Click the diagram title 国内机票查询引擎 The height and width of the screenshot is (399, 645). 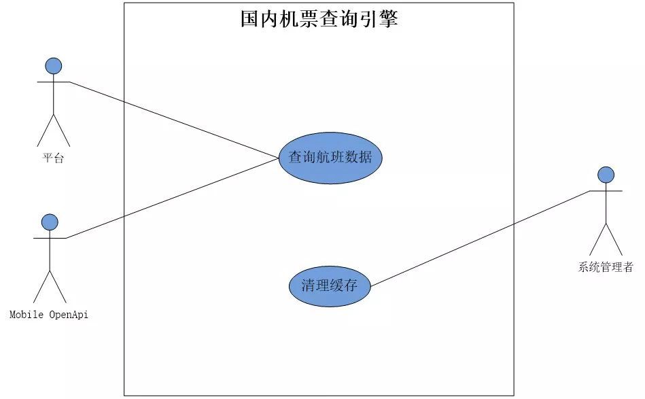(319, 18)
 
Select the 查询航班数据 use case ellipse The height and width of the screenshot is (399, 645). (330, 157)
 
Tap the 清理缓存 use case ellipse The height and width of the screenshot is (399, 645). (330, 286)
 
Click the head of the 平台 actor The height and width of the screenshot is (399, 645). (53, 66)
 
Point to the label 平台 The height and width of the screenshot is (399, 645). (53, 158)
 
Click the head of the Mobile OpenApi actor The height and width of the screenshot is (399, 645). (50, 222)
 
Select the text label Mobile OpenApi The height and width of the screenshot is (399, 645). (49, 315)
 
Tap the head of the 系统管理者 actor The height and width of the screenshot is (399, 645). (606, 175)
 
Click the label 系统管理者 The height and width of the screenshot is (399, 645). (606, 267)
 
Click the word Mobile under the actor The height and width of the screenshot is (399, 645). (27, 315)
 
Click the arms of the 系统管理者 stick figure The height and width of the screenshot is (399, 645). (606, 191)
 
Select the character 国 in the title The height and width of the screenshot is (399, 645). (249, 18)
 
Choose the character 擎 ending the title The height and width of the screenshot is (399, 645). (389, 18)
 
